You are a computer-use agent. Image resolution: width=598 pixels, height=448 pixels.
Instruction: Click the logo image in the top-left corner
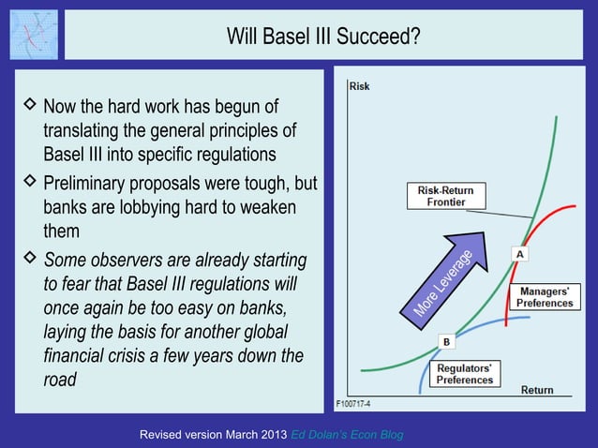click(x=33, y=35)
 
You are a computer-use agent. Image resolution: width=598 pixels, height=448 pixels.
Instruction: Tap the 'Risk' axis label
click(x=359, y=86)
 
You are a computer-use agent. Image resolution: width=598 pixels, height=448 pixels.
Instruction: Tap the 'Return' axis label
click(x=537, y=390)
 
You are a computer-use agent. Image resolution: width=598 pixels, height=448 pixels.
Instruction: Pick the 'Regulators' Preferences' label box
click(x=464, y=374)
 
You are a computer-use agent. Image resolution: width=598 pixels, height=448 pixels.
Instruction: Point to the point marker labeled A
click(x=518, y=253)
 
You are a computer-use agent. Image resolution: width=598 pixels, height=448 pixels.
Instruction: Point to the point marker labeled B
click(x=447, y=342)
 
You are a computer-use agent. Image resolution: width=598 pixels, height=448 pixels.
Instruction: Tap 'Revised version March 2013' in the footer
click(x=213, y=436)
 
